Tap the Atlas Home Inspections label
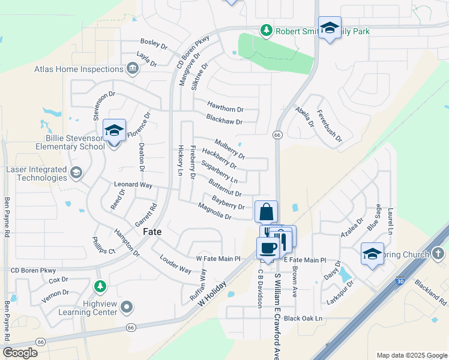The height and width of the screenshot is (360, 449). (79, 69)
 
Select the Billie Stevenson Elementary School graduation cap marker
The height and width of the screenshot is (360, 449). (114, 130)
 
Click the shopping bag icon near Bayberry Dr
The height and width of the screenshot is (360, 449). (266, 212)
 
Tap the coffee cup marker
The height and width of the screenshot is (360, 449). (267, 248)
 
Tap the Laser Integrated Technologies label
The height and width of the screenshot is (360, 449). (36, 173)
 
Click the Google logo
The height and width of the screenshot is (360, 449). (20, 353)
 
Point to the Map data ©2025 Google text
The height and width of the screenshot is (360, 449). (411, 355)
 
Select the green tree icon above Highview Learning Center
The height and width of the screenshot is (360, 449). (101, 286)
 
